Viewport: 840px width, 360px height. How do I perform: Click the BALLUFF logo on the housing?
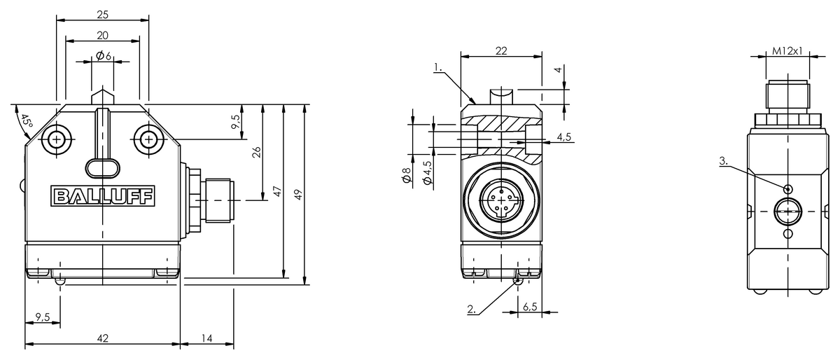coord(103,196)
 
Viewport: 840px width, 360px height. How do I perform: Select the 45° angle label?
coord(27,120)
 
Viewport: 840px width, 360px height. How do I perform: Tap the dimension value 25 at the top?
coord(102,15)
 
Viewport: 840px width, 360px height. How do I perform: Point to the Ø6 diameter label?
coord(104,56)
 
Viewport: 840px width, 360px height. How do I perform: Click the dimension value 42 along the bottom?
coord(103,338)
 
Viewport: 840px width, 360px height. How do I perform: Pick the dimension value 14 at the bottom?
coord(206,338)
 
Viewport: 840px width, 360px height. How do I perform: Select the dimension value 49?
coord(297,195)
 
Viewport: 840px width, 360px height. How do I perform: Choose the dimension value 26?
coord(256,152)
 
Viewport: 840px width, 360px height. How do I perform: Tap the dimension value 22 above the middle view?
coord(501,50)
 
